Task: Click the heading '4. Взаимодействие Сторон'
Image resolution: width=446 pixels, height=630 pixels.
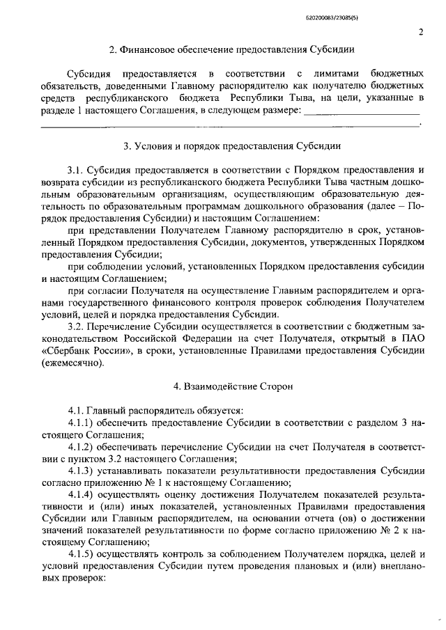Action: pyautogui.click(x=233, y=385)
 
